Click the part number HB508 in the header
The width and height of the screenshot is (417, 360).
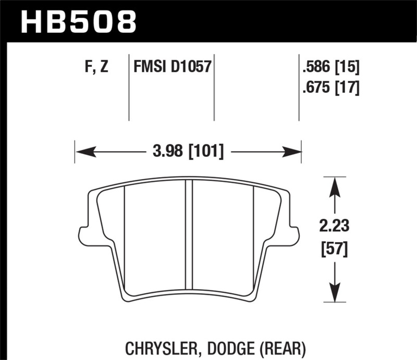(x=78, y=21)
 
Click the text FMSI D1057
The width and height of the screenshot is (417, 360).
(x=171, y=67)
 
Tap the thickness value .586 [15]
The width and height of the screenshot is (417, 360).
(x=331, y=67)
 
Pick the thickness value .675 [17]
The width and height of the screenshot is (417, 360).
(x=331, y=88)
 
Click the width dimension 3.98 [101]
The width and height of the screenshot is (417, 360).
(x=189, y=152)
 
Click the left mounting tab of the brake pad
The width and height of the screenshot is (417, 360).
(x=82, y=235)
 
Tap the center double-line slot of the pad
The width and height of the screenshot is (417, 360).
(x=189, y=234)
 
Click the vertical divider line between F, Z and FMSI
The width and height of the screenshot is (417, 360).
(x=129, y=86)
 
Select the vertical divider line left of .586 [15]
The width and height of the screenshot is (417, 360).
(x=299, y=86)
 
